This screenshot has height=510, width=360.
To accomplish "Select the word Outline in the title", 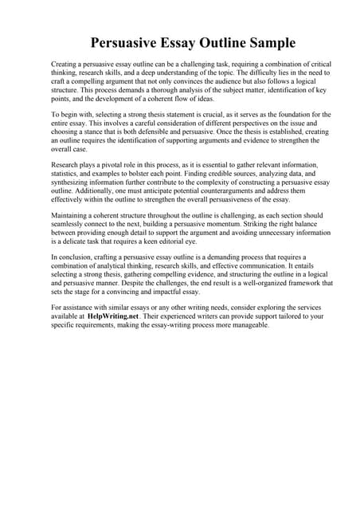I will pyautogui.click(x=210, y=42).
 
